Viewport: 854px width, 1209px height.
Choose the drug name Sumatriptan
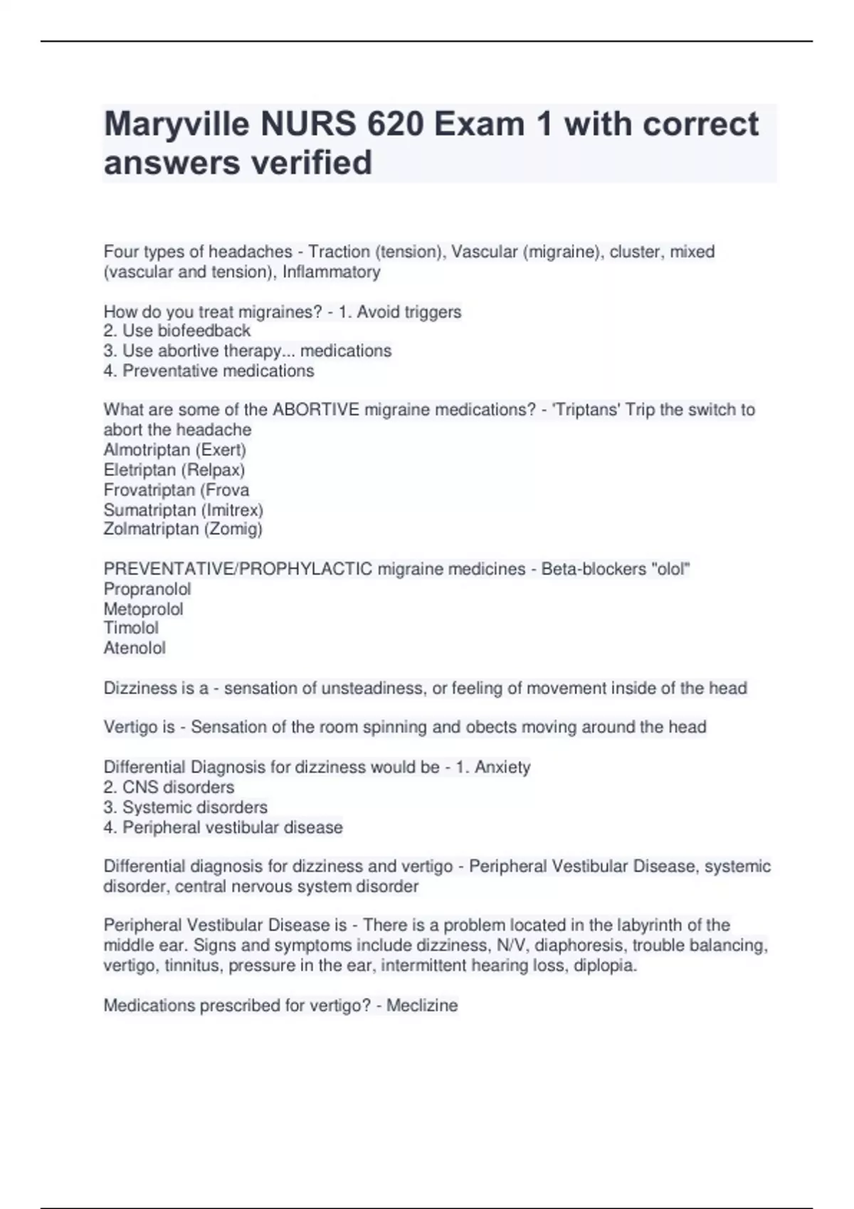[x=149, y=510]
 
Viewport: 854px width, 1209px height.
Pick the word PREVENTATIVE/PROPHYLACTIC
[x=238, y=569]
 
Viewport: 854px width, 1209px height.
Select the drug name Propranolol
[x=147, y=590]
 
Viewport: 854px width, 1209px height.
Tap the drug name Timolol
[x=131, y=628]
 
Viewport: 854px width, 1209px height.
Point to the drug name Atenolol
[x=135, y=648]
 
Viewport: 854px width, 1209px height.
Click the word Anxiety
[x=502, y=767]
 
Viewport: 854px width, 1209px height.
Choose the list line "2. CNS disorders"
[x=169, y=787]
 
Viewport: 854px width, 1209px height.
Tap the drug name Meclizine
[x=422, y=1006]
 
